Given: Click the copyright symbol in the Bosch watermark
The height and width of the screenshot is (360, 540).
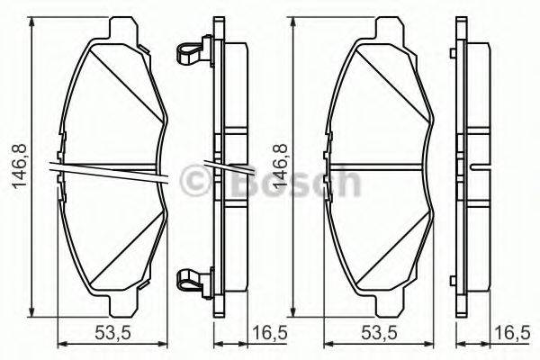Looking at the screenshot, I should coord(197,183).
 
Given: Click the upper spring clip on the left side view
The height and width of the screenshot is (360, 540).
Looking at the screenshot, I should coord(188,52).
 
